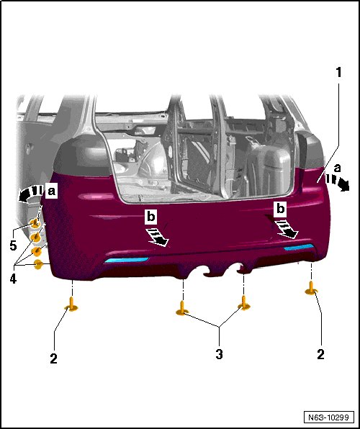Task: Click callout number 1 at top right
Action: tap(339, 73)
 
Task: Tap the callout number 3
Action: tap(219, 354)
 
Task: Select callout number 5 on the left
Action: tap(13, 245)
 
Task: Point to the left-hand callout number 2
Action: tap(54, 358)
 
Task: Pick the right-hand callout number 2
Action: tap(320, 354)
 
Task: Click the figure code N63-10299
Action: tap(328, 417)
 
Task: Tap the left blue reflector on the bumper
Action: tap(126, 260)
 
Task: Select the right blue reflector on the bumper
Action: tap(299, 247)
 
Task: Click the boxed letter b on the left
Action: tap(151, 217)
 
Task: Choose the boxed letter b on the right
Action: tap(280, 209)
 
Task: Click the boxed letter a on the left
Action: tap(51, 191)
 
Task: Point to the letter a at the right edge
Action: tap(338, 168)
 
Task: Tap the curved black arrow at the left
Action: tap(29, 192)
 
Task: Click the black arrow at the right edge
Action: tap(339, 183)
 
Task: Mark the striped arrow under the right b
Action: tap(287, 230)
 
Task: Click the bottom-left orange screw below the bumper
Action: tap(72, 304)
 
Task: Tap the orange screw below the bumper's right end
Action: tap(311, 289)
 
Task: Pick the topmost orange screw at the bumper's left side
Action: tap(35, 223)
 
